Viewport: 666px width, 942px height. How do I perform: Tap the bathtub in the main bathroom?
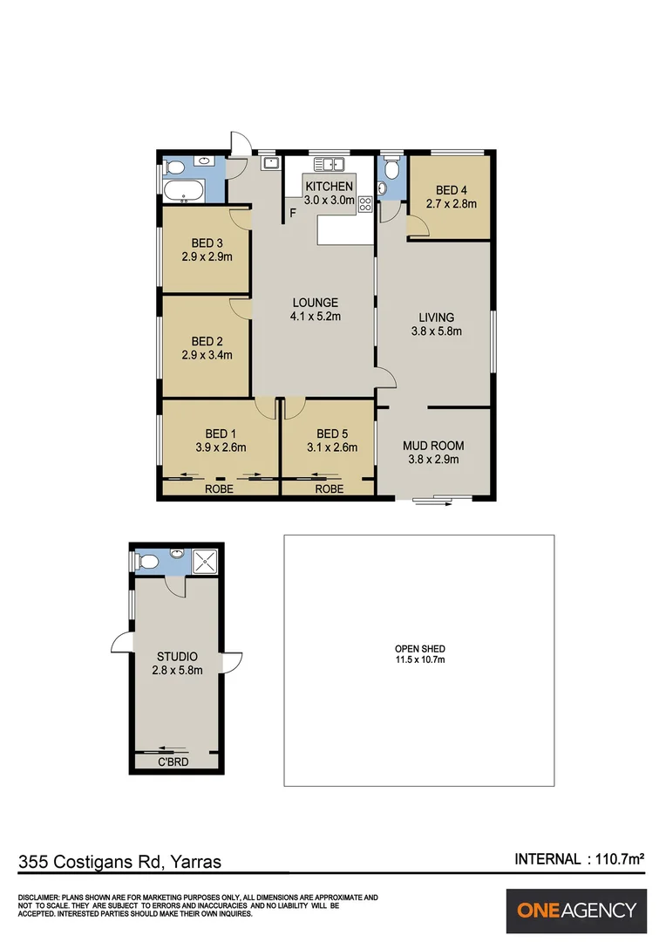coord(184,190)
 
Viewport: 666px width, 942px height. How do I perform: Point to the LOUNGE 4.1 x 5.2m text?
coord(315,310)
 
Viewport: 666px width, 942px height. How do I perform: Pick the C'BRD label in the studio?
coord(174,763)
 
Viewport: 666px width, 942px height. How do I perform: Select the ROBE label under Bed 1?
coord(218,490)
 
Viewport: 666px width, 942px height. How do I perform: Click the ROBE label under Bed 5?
coord(329,490)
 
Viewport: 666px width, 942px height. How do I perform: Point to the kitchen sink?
coord(330,163)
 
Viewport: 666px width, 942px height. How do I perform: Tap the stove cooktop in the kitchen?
coord(365,206)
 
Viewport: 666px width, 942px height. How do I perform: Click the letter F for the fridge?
coord(293,212)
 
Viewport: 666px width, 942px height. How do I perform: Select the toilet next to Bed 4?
coord(391,167)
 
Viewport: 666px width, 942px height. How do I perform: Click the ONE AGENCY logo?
coord(576,911)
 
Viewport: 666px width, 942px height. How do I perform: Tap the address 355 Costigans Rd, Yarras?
coord(120,862)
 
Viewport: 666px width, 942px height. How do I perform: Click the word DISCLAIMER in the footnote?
coord(38,898)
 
